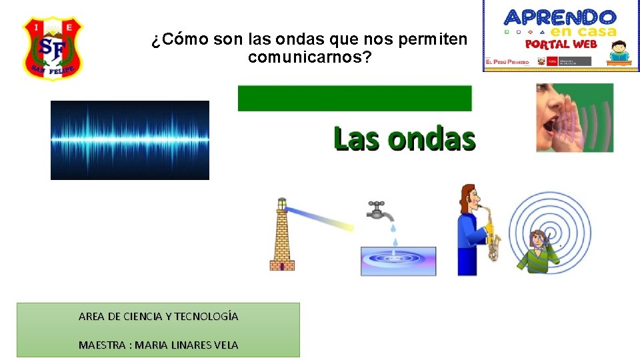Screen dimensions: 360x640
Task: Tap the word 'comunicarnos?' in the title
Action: pyautogui.click(x=310, y=58)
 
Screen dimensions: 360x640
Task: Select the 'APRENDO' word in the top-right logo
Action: pyautogui.click(x=560, y=17)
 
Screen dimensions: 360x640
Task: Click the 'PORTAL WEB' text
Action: pyautogui.click(x=561, y=44)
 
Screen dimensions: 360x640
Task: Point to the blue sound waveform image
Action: pyautogui.click(x=130, y=140)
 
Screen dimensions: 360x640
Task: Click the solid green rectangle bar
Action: pyautogui.click(x=355, y=98)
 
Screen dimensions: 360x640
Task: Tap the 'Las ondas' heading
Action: pyautogui.click(x=404, y=139)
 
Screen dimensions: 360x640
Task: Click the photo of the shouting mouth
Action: pyautogui.click(x=574, y=117)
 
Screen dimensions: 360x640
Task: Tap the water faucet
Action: pyautogui.click(x=379, y=210)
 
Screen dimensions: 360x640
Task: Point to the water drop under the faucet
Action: pyautogui.click(x=395, y=241)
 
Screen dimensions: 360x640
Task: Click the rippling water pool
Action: pyautogui.click(x=398, y=261)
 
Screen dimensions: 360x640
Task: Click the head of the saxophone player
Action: pyautogui.click(x=468, y=197)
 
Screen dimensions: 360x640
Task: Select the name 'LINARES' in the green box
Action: pyautogui.click(x=187, y=345)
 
